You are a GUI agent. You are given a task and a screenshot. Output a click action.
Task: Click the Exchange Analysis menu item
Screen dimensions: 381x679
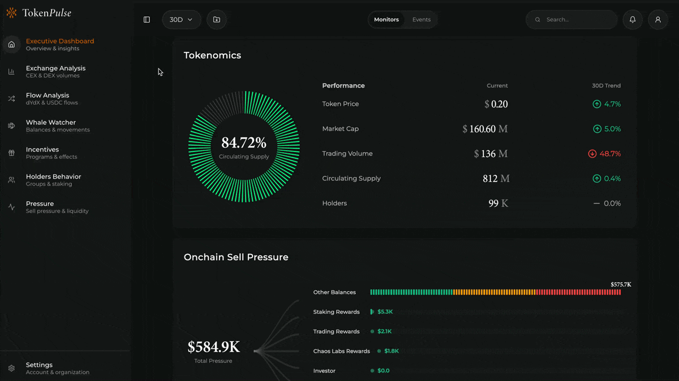click(x=55, y=71)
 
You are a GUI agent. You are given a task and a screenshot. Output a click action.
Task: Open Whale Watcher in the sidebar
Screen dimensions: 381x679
click(x=51, y=125)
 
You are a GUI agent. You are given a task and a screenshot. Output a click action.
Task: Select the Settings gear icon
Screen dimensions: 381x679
click(x=11, y=369)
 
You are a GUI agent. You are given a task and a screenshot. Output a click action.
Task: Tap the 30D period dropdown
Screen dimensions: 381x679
click(x=181, y=20)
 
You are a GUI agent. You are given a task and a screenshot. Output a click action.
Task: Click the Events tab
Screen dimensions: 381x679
click(x=421, y=20)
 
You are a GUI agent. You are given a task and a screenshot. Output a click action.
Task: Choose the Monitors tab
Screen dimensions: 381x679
click(x=386, y=20)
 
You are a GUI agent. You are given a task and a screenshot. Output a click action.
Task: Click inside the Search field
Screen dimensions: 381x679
click(x=577, y=20)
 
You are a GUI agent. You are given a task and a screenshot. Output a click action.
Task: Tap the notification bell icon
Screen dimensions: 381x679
click(x=633, y=20)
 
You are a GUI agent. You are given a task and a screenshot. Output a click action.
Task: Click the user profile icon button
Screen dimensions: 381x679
click(x=657, y=20)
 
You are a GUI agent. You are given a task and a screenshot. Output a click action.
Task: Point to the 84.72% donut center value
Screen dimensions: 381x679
click(x=244, y=143)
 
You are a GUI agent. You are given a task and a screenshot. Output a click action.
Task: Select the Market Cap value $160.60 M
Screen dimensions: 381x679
click(x=485, y=129)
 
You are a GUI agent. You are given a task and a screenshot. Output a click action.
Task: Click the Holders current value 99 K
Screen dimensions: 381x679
click(x=498, y=204)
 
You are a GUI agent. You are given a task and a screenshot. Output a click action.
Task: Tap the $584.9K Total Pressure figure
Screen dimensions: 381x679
click(x=213, y=347)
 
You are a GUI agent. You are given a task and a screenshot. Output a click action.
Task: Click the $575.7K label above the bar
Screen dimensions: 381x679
click(x=621, y=284)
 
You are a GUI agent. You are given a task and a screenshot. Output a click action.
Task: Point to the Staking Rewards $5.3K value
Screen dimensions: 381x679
click(x=385, y=312)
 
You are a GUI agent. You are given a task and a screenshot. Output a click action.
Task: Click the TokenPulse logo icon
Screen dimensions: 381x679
click(x=11, y=13)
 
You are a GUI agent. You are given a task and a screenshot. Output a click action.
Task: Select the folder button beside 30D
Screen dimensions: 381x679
click(x=217, y=20)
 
